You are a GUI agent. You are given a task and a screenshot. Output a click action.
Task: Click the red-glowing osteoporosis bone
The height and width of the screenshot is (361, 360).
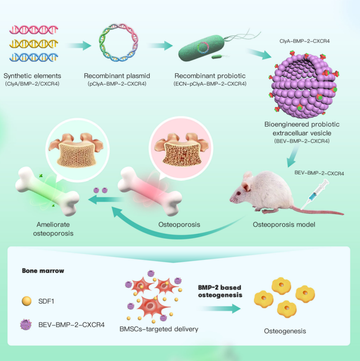tap(149, 188)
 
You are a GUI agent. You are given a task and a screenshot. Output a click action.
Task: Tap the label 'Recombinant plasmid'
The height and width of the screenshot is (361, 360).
tap(115, 75)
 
